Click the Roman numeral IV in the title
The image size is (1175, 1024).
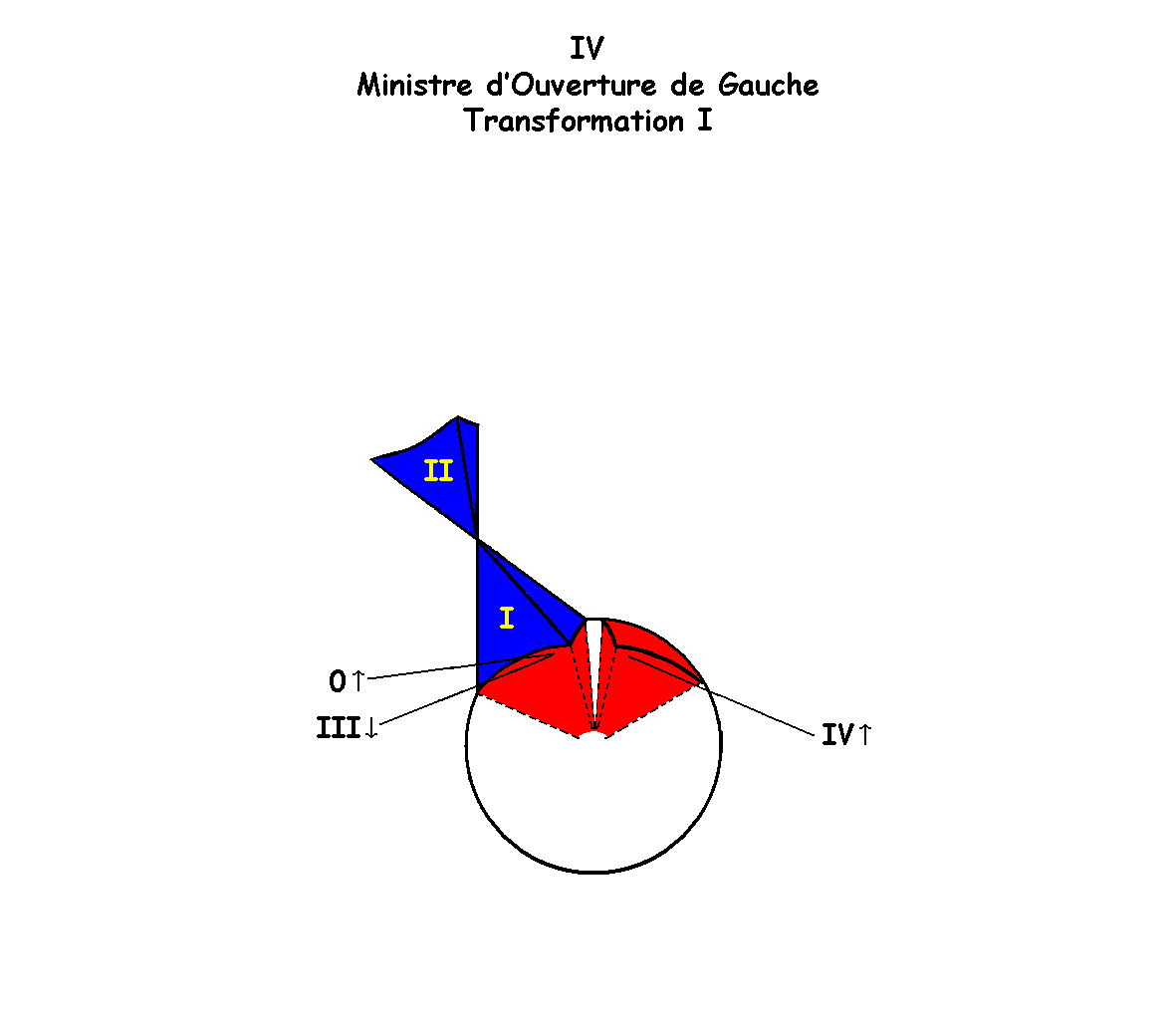pos(587,49)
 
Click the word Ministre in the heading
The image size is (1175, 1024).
pos(414,85)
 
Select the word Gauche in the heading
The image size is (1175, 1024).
pos(768,85)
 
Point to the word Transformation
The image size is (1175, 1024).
pos(574,121)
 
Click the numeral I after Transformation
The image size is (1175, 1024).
pos(704,121)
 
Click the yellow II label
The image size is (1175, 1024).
pos(438,471)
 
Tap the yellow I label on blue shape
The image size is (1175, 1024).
pos(507,619)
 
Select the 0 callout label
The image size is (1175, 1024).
pos(338,681)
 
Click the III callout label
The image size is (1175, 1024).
pos(339,728)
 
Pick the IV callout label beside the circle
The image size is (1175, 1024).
pos(837,735)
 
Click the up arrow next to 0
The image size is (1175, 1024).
pos(358,680)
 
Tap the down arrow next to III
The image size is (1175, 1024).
pos(371,728)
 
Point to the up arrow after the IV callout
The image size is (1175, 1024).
pos(864,735)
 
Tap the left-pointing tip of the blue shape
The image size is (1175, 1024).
pos(371,459)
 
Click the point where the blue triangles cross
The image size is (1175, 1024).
pos(477,539)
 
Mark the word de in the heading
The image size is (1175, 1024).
pos(687,85)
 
